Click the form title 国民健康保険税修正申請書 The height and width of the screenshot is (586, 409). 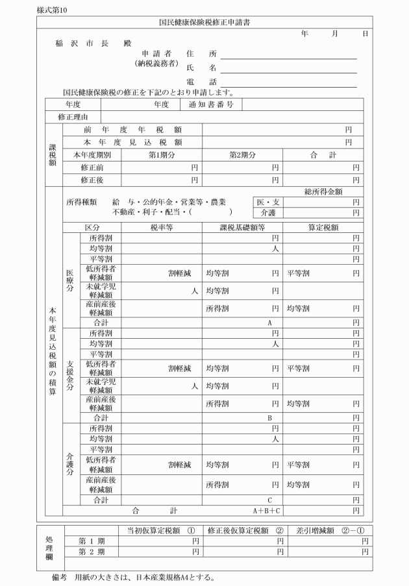(204, 22)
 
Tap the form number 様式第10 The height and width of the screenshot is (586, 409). (53, 8)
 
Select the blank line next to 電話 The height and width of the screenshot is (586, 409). (289, 82)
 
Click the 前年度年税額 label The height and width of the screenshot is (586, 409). (132, 130)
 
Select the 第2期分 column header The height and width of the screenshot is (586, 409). (243, 154)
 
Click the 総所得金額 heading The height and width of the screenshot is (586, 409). (323, 191)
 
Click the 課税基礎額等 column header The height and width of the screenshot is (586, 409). (242, 228)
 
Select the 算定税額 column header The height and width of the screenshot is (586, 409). (323, 228)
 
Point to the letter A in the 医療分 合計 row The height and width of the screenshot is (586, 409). (269, 322)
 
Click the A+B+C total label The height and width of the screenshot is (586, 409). (267, 511)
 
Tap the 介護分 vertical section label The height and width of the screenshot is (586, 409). (70, 463)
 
